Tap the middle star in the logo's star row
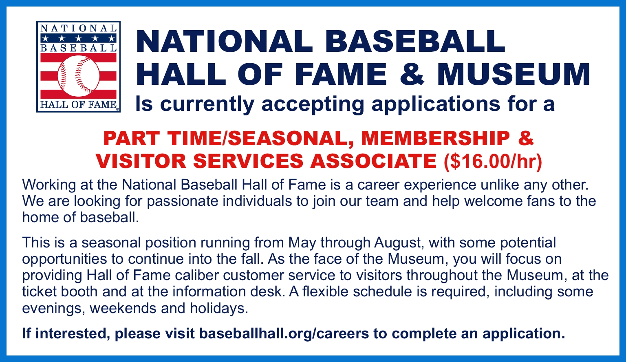pyautogui.click(x=79, y=38)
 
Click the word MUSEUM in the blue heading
pyautogui.click(x=514, y=74)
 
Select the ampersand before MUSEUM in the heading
pyautogui.click(x=412, y=74)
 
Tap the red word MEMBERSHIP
pyautogui.click(x=436, y=138)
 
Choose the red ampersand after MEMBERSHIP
pyautogui.click(x=526, y=138)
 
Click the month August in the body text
pyautogui.click(x=398, y=243)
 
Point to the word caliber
pyautogui.click(x=197, y=275)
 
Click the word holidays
pyautogui.click(x=219, y=308)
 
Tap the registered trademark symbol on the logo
pyautogui.click(x=118, y=110)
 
